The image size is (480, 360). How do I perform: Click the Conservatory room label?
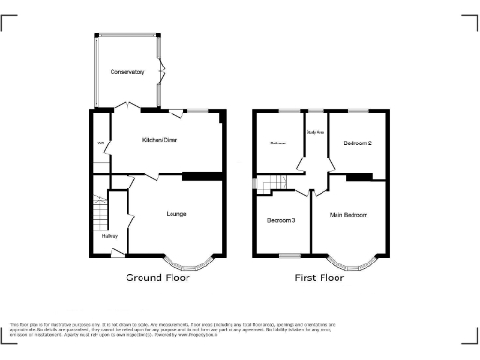(127, 72)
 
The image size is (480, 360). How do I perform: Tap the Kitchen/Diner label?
(159, 139)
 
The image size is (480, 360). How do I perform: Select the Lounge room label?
(175, 214)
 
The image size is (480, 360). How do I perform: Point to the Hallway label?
(110, 236)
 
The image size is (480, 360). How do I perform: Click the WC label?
(99, 142)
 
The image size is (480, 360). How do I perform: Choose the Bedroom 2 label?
(358, 143)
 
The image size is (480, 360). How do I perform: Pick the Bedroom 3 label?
(281, 221)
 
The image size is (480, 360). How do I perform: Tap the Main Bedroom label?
(348, 216)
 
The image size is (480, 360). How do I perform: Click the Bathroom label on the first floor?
(278, 143)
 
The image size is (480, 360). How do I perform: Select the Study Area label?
(316, 132)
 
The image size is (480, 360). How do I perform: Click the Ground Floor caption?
(157, 278)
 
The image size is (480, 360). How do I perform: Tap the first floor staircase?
(273, 184)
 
